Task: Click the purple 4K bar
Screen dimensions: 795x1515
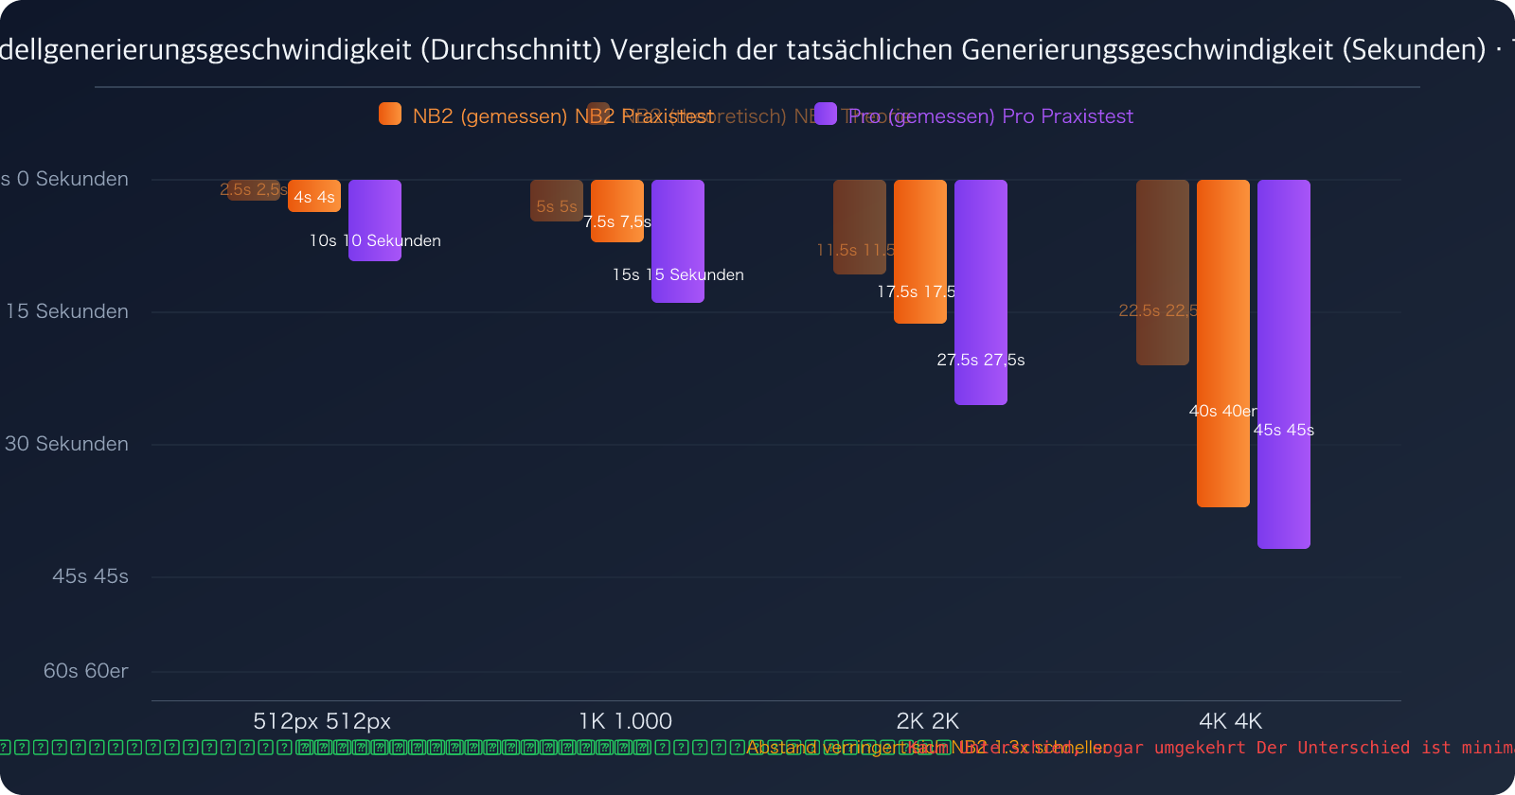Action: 1283,364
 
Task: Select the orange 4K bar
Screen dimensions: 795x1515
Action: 1222,344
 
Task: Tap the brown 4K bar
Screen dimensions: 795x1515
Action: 1162,273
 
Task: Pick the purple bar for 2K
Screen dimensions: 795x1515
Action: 980,292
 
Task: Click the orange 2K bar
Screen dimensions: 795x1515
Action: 919,252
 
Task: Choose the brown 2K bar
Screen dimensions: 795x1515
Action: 859,227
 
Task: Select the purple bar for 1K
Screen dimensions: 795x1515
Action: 677,241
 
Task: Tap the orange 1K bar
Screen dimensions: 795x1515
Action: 616,211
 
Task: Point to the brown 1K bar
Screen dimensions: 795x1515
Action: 556,201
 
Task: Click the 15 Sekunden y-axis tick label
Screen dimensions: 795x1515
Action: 67,311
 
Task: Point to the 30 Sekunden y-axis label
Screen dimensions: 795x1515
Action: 67,444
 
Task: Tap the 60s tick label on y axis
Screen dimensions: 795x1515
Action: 85,671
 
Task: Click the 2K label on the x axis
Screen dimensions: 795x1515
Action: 927,721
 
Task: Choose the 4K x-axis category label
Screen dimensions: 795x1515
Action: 1230,721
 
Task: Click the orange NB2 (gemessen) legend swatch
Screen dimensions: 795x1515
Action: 390,114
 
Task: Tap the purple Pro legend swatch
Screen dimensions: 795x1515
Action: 826,114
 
